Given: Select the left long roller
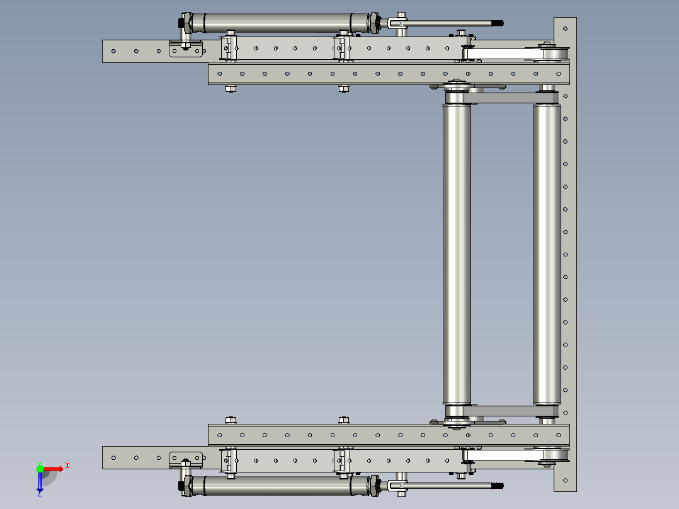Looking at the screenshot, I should coord(457,255).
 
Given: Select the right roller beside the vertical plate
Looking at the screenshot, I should coord(547,255).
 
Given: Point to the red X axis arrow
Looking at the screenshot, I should coord(54,468).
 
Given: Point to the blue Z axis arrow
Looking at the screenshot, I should coord(40,483).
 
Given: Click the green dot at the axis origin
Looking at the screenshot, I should coord(40,467).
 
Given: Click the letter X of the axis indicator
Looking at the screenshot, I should coord(67,466).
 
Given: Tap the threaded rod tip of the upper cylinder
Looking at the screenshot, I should coord(499,23).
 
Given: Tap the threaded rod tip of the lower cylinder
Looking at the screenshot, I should coord(499,486).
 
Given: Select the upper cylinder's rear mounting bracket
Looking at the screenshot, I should coord(186,48).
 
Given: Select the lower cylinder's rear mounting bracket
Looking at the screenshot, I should coord(186,458).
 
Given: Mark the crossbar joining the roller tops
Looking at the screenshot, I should coord(504,98).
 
